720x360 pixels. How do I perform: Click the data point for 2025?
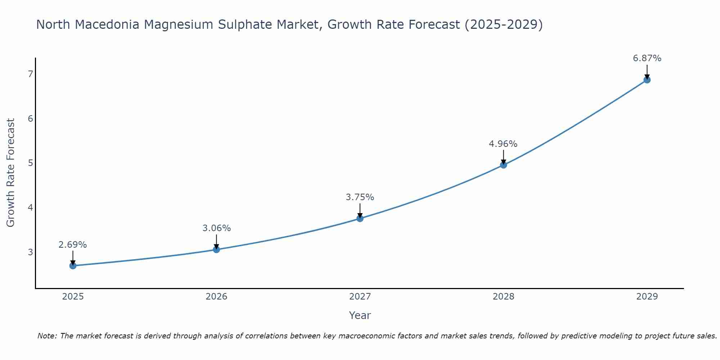coord(73,266)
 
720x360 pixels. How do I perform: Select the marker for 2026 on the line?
coord(216,249)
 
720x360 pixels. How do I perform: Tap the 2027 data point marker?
coord(360,219)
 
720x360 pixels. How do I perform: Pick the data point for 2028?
coord(504,165)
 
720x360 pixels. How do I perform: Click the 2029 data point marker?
coord(647,80)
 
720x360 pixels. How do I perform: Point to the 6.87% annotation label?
coord(647,58)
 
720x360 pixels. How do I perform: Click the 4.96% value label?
coord(503,144)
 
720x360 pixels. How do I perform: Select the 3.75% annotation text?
coord(360,197)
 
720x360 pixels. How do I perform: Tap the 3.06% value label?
coord(216,228)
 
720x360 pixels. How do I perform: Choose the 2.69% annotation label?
coord(73,245)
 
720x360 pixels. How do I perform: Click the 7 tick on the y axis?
coord(30,74)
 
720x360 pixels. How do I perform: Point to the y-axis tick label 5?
coord(30,163)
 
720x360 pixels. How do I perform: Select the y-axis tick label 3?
coord(30,252)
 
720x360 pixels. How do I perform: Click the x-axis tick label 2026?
coord(216,297)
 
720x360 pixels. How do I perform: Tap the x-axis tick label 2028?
coord(504,297)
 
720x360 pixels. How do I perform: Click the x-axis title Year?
coord(360,315)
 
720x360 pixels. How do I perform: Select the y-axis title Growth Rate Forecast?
coord(11,173)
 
